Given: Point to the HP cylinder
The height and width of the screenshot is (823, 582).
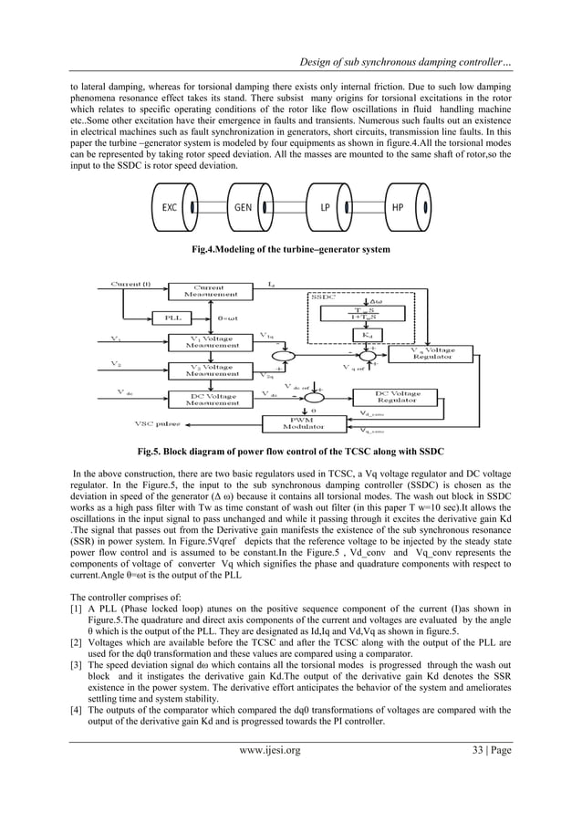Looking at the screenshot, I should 399,208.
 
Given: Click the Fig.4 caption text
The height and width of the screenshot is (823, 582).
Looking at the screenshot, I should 290,249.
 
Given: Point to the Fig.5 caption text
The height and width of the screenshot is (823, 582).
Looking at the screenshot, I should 290,452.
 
